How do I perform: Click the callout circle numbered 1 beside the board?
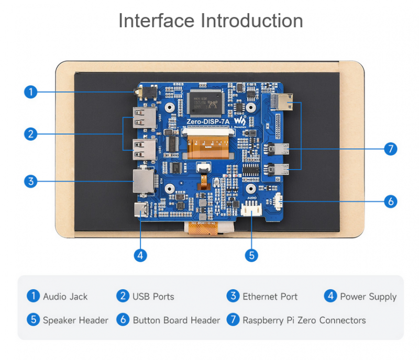31,92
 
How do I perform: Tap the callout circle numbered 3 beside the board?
31,182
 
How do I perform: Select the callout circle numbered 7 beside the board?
390,149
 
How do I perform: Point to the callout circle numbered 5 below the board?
252,255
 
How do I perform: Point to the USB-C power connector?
141,210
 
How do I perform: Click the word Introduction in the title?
252,21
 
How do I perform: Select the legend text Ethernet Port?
270,297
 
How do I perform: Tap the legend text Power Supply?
368,297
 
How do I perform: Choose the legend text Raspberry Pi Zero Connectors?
304,320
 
